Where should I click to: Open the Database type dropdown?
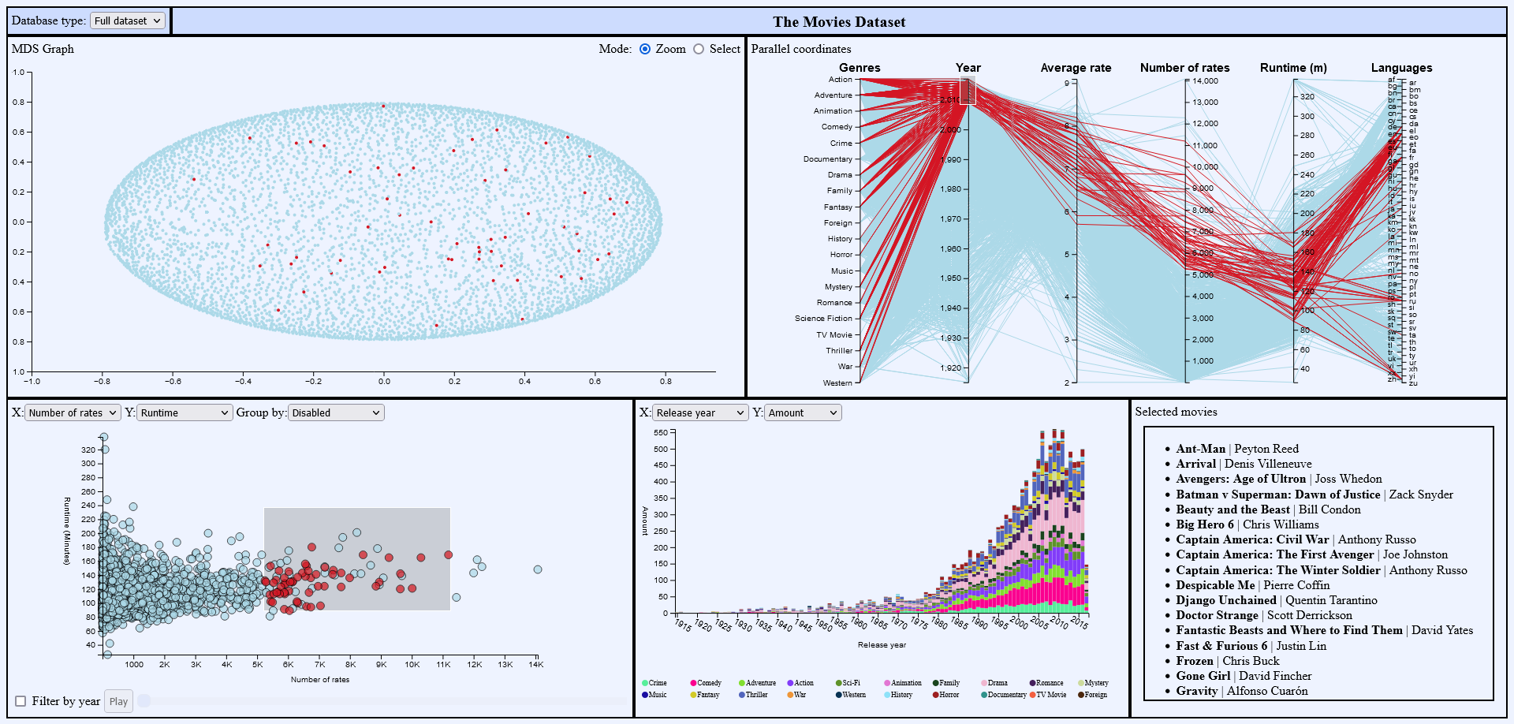click(x=128, y=21)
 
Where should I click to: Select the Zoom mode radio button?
click(x=645, y=49)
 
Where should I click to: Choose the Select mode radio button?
click(x=699, y=49)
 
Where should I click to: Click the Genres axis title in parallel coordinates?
click(x=860, y=68)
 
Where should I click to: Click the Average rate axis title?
click(x=1076, y=68)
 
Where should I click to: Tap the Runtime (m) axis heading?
click(x=1293, y=68)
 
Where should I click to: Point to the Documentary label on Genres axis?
click(x=828, y=159)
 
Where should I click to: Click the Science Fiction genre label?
click(x=823, y=319)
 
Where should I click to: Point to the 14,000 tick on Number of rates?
click(x=1205, y=81)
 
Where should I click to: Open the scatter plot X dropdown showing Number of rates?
click(x=73, y=412)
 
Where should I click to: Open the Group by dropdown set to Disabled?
click(x=336, y=412)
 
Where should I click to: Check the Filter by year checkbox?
click(x=21, y=701)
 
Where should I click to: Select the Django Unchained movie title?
click(x=1225, y=600)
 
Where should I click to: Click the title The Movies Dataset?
click(x=839, y=22)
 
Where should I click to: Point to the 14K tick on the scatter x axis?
click(x=536, y=664)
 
